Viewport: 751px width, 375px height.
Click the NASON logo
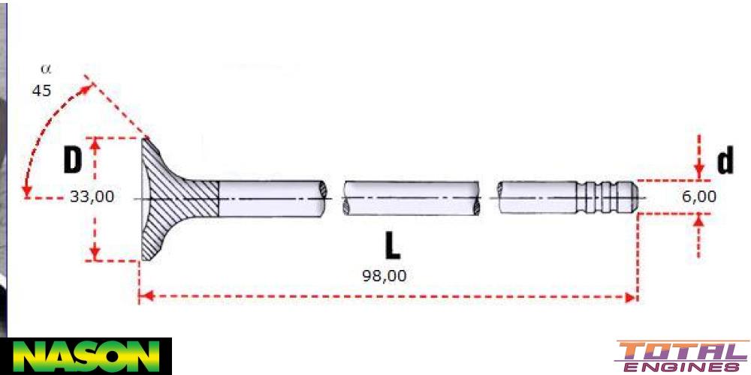click(86, 355)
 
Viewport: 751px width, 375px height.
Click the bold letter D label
click(72, 160)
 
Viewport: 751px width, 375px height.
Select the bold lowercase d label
click(724, 161)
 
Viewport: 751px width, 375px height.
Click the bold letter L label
click(392, 247)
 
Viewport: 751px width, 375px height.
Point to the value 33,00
click(92, 197)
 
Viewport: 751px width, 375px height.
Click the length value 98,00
click(385, 275)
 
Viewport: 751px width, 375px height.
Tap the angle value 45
click(41, 90)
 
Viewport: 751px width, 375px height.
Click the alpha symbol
click(46, 69)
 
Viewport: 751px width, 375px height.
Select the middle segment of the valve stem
click(411, 199)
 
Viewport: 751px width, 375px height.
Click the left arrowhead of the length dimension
click(145, 297)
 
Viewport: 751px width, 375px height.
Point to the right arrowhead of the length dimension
click(631, 297)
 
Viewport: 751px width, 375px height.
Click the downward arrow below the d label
click(699, 171)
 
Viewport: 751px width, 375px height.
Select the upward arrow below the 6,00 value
click(699, 220)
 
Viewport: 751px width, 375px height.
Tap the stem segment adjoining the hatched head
click(270, 199)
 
